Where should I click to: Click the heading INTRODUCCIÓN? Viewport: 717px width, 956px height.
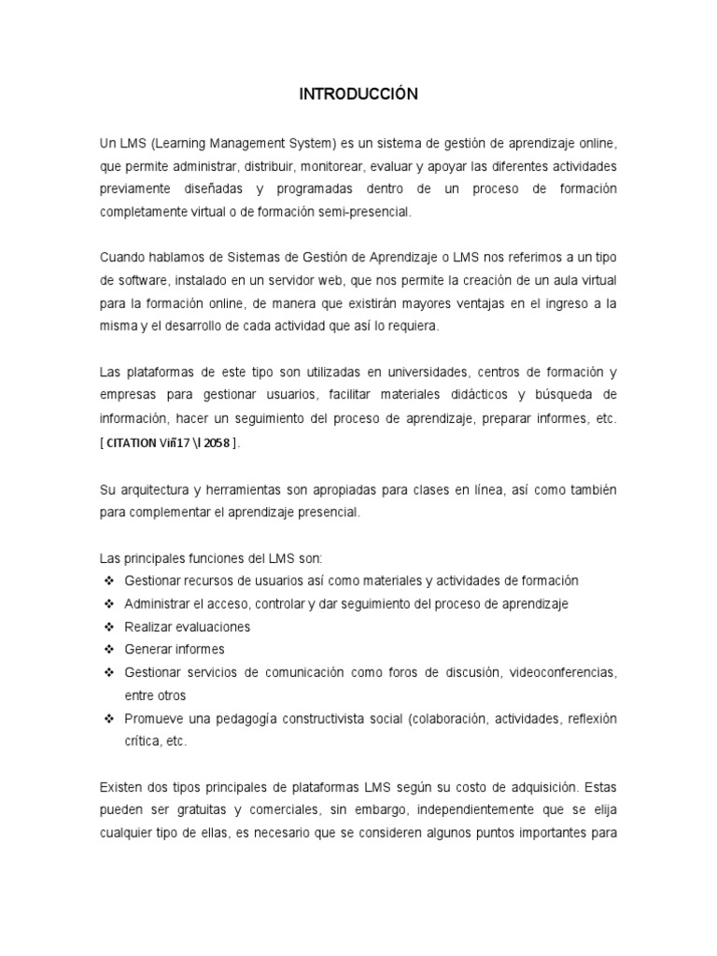click(x=358, y=94)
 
